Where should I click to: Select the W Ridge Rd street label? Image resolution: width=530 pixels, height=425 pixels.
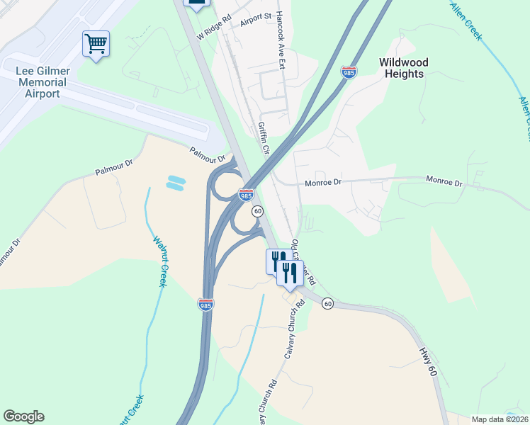point(215,29)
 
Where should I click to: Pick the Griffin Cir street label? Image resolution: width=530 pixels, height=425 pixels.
point(264,138)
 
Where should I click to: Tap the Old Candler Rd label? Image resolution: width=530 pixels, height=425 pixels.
point(303,262)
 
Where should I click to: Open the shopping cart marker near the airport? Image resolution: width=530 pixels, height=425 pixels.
point(96,44)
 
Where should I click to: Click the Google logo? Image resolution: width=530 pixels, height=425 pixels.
point(23,416)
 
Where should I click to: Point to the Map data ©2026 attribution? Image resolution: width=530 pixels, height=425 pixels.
point(500,419)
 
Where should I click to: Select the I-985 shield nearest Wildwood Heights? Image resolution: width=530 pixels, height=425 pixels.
point(348,72)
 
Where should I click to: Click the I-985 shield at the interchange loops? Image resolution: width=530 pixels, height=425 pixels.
point(246,194)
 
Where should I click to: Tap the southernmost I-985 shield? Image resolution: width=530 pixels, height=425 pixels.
point(205,305)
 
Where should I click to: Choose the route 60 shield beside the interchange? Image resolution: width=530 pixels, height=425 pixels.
point(257,211)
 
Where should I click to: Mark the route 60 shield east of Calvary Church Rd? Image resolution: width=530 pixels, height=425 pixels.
point(327,303)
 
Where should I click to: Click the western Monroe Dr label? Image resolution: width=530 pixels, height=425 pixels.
point(323,182)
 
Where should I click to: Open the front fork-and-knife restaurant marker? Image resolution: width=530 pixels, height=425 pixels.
point(289,273)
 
